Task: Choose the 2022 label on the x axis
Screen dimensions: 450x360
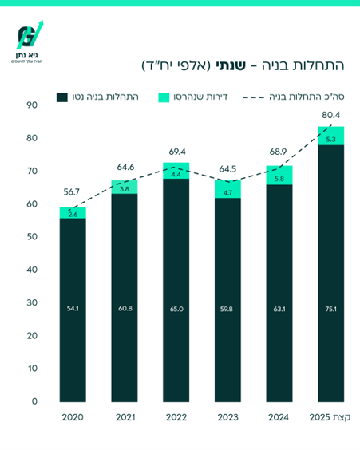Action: point(176,417)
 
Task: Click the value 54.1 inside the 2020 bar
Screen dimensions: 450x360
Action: point(73,308)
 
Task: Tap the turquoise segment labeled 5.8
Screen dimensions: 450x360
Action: point(279,178)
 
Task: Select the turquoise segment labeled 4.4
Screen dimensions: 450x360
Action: point(176,174)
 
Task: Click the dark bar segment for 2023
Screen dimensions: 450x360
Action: point(227,303)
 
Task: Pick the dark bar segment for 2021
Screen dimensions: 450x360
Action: point(125,299)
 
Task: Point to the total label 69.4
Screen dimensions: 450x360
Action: point(176,151)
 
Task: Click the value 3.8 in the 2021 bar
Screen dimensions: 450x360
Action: point(125,189)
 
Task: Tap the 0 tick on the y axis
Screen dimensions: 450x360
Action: point(33,401)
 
